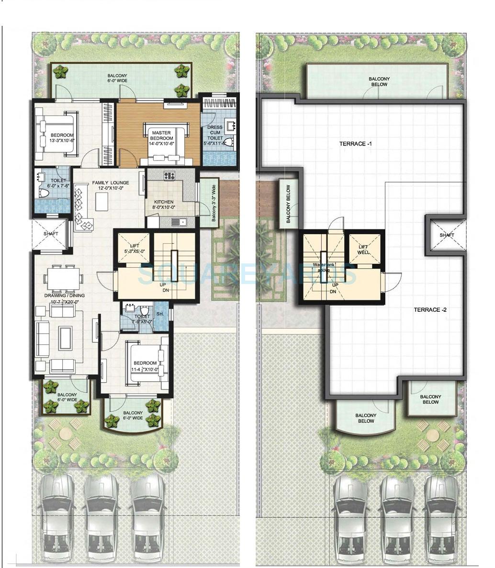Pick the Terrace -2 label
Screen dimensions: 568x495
430,310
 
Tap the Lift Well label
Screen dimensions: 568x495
363,250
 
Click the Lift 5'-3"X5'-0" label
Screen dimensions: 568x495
135,248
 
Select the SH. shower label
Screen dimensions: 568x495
160,314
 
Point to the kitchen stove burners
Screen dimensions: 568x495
169,176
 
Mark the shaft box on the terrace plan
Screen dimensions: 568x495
447,235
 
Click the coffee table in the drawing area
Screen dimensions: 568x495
65,334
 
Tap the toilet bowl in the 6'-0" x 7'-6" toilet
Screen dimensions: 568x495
45,193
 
